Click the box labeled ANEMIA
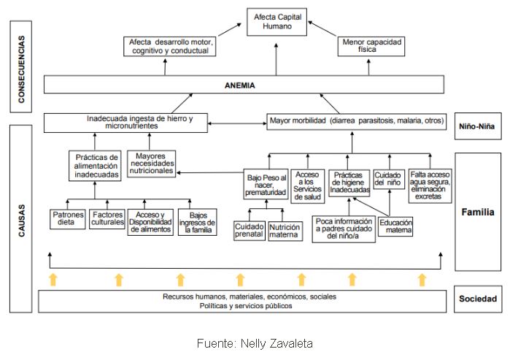(244, 85)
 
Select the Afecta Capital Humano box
(277, 21)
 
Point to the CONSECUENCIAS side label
(22, 69)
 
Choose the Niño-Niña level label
(478, 126)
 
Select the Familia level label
(478, 212)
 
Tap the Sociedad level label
(478, 299)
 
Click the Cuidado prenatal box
(249, 231)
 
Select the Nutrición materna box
(285, 231)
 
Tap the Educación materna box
(396, 226)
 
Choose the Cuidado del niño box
(389, 180)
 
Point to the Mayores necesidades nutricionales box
(151, 161)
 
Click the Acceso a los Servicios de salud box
(308, 184)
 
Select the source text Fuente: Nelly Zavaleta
(258, 342)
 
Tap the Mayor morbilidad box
(356, 120)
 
